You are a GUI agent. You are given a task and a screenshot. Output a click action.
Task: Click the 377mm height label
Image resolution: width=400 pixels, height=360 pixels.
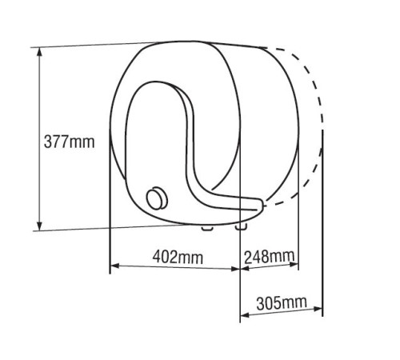[68, 142]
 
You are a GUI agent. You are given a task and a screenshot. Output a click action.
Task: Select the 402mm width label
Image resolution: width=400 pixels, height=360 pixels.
[175, 258]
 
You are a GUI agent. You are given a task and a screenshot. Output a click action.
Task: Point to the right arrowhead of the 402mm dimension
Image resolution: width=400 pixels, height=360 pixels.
[237, 267]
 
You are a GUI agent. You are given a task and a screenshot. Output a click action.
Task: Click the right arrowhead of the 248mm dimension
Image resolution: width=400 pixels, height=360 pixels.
[295, 267]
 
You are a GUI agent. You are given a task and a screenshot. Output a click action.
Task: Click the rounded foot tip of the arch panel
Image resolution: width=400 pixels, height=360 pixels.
[260, 210]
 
